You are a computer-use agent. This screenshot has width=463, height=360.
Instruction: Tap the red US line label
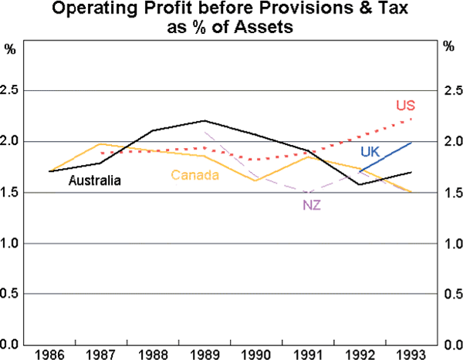406,106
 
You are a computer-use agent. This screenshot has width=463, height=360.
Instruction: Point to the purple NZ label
313,206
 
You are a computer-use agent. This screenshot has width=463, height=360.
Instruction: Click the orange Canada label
195,176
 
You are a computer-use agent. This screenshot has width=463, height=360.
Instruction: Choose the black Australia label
95,181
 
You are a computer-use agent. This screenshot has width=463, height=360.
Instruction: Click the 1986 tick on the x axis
49,355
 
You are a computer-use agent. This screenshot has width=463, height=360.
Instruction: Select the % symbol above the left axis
10,48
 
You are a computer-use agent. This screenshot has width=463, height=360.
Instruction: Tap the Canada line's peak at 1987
101,144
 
